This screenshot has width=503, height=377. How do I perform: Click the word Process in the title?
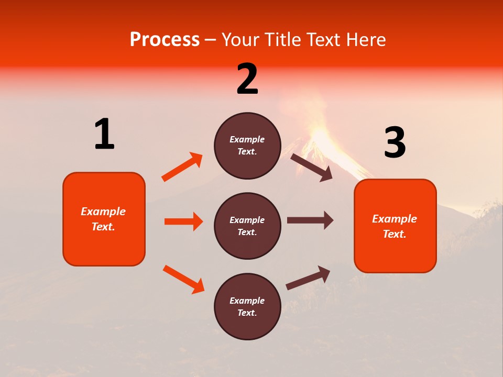point(165,40)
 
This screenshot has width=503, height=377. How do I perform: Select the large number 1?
point(104,134)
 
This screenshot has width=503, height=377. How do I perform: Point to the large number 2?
point(247,79)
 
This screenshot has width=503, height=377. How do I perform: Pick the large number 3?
point(395,143)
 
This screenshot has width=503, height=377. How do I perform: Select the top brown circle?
point(247,146)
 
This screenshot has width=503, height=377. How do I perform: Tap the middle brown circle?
point(247,226)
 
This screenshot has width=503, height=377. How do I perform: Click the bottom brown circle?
point(247,306)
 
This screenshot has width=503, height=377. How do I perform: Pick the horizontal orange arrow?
point(183,221)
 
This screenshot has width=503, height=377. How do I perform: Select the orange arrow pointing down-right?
point(183,279)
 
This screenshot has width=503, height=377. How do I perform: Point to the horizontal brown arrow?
point(310,220)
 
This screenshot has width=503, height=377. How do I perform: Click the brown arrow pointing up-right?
point(308,278)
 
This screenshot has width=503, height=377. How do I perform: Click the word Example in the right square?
point(395,219)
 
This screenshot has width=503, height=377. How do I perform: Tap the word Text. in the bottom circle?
point(247,313)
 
